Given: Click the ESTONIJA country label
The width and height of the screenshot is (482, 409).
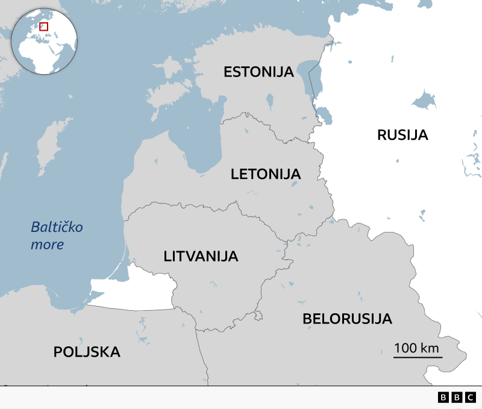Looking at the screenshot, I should (258, 72).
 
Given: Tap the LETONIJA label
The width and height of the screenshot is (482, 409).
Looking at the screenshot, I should (265, 175).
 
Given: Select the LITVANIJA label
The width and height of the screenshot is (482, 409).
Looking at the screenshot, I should (201, 256).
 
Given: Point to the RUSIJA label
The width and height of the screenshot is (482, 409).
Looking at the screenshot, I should (402, 135).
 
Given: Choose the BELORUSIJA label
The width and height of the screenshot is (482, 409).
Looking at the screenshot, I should (347, 319).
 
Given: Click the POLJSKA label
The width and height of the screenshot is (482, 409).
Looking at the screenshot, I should (87, 352).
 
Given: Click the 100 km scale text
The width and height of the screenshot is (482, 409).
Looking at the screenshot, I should (416, 348).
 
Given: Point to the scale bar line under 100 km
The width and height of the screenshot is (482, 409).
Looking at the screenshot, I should (418, 357).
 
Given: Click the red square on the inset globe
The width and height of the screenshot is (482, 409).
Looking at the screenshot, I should (43, 27).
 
